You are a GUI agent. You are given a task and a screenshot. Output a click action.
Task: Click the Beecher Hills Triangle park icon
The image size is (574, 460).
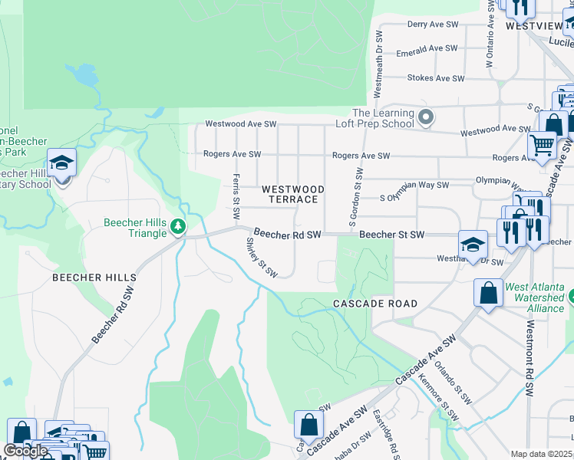click(x=178, y=226)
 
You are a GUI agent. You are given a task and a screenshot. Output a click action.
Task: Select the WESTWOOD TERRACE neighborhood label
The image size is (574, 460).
click(x=292, y=194)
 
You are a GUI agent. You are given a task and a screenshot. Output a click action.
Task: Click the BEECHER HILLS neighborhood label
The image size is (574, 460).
click(x=94, y=278)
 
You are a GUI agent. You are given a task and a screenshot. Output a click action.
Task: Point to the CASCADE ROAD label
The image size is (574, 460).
click(x=375, y=304)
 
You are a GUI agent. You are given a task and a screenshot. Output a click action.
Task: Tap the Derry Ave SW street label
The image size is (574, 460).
click(x=432, y=25)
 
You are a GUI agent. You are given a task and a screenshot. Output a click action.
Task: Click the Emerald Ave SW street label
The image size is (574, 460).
click(x=426, y=49)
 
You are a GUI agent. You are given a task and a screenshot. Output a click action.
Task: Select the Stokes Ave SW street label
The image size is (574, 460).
click(x=435, y=78)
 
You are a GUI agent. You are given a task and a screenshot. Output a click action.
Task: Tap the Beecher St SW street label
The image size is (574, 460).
click(x=391, y=234)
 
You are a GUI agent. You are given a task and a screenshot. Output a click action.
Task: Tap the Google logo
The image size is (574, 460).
click(x=25, y=451)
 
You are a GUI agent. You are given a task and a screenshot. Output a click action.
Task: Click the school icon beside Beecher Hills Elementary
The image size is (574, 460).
click(x=62, y=163)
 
